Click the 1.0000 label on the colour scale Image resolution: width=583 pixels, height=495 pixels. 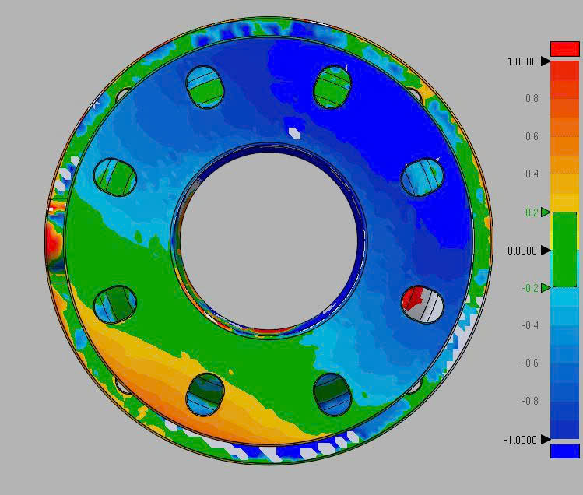[522, 61]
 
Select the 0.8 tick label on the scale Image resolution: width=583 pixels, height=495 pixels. [532, 99]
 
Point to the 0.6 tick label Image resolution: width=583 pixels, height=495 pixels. [532, 136]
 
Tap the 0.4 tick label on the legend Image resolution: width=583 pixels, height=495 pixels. [532, 174]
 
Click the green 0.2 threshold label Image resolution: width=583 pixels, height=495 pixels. [532, 212]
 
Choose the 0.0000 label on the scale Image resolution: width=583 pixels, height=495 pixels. [522, 251]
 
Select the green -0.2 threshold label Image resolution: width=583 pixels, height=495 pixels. [530, 288]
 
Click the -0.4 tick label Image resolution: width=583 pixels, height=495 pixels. [530, 326]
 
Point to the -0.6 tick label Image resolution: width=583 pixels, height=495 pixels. [530, 363]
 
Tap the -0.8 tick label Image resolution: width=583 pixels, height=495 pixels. [530, 401]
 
